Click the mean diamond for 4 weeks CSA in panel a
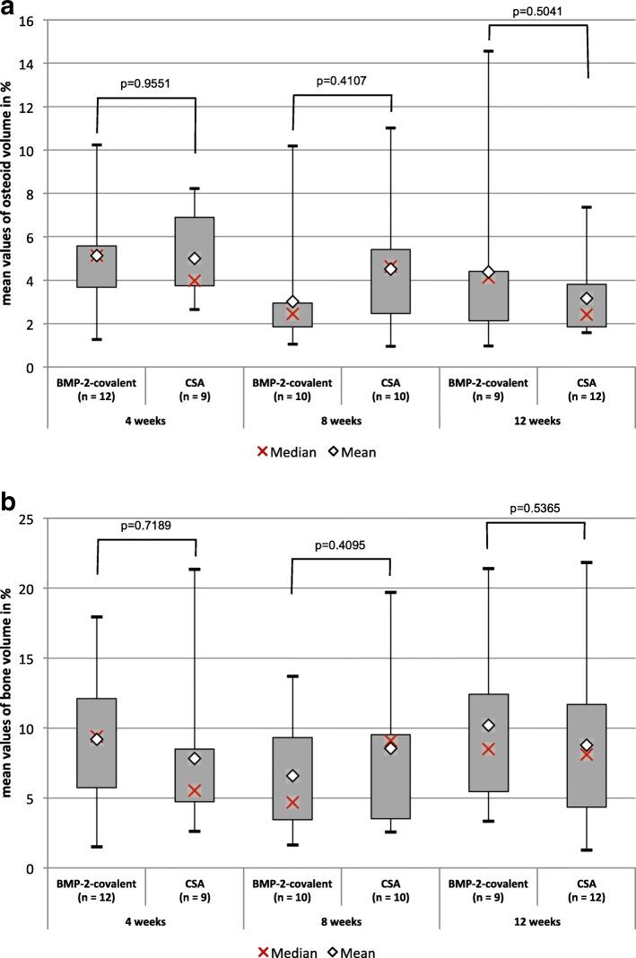coord(195,258)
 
